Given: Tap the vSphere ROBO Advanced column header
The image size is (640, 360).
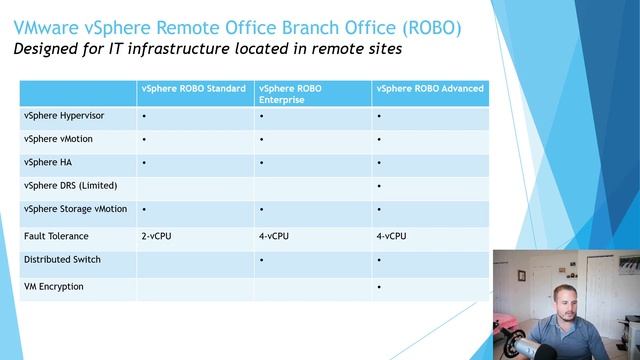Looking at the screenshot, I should pos(430,89).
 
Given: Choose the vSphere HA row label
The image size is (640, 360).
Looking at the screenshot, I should pos(45,162).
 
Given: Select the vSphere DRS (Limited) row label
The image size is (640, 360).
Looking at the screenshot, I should pos(70,185).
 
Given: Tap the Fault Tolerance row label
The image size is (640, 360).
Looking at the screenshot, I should pos(56,236).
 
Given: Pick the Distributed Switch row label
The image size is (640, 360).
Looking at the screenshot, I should pos(62,260).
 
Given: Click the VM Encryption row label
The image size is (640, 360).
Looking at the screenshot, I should pos(53,286).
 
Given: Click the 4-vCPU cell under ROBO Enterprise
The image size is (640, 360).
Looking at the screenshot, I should pos(275,236).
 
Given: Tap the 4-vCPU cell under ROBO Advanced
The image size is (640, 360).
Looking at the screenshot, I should pos(392,236).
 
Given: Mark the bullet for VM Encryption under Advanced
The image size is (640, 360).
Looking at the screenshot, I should pos(380,287).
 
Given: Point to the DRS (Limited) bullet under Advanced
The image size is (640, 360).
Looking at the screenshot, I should pos(380,186).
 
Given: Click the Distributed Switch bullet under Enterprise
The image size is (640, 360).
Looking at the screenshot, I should pos(261,261).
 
